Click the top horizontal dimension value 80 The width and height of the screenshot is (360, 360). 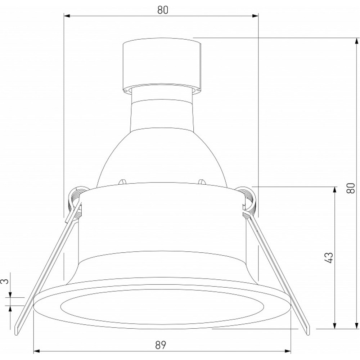[163, 10]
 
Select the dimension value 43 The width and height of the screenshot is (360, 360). [329, 258]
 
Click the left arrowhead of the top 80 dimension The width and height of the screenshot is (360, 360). [67, 16]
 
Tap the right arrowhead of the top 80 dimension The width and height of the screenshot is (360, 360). [255, 16]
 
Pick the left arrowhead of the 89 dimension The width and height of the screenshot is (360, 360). [37, 351]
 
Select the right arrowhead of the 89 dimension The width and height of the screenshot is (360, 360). [288, 351]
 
